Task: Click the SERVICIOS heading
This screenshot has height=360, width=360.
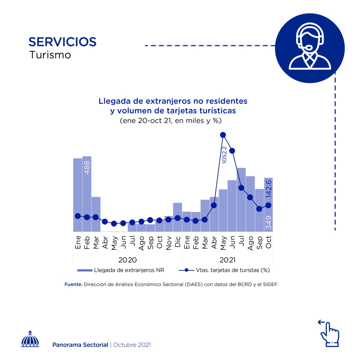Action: [62, 42]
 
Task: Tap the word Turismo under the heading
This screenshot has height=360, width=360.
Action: [50, 55]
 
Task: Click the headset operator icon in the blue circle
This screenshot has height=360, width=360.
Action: [310, 48]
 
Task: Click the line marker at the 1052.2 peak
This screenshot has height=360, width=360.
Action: [223, 135]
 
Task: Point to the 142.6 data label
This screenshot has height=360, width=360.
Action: [269, 188]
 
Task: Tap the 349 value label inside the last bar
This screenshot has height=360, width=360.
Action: [269, 223]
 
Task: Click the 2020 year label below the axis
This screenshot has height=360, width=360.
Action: [127, 260]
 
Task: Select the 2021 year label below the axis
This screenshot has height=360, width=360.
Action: [227, 260]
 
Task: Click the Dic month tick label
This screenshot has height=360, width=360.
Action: [178, 242]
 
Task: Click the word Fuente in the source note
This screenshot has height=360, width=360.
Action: [73, 284]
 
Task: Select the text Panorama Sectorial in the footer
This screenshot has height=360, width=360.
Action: [80, 345]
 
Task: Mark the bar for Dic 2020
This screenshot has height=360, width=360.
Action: [178, 217]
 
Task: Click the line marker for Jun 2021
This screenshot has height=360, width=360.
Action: [232, 151]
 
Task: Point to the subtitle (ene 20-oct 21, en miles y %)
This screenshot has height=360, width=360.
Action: [170, 121]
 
